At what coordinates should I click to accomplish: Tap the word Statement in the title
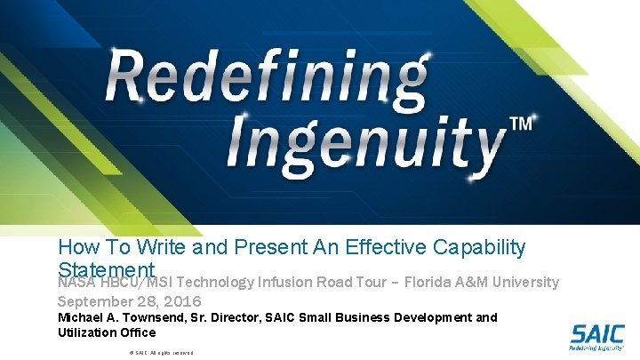[x=108, y=268]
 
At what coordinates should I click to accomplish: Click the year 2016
[x=181, y=301]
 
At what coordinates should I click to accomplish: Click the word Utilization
[x=81, y=332]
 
